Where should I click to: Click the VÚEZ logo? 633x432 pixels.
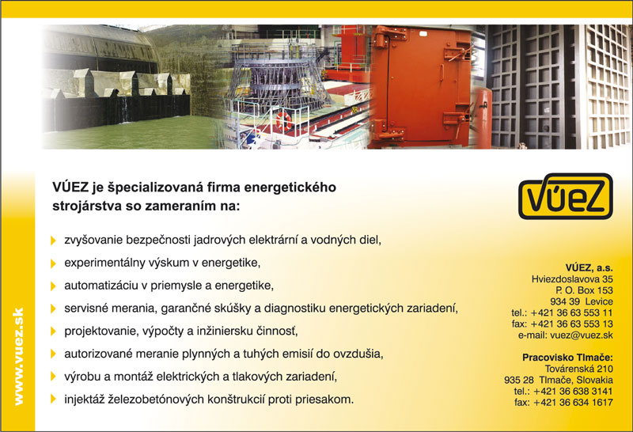(x=565, y=196)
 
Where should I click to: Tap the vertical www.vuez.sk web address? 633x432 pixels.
(x=18, y=356)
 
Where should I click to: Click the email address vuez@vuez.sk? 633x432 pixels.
(x=582, y=335)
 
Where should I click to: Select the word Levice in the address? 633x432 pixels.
(x=599, y=301)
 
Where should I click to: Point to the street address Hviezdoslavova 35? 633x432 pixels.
(x=572, y=279)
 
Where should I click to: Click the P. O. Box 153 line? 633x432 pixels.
(x=584, y=290)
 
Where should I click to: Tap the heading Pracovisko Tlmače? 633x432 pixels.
(x=567, y=358)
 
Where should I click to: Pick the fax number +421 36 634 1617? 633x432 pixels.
(x=573, y=403)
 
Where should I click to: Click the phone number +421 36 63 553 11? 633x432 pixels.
(x=571, y=313)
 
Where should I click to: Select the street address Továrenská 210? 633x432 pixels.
(x=579, y=369)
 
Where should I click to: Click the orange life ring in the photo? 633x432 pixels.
(x=284, y=120)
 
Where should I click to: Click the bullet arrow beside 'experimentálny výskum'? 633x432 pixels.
(x=53, y=263)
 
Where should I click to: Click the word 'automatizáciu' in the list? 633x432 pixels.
(x=100, y=286)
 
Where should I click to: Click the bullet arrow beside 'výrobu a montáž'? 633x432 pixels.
(x=53, y=377)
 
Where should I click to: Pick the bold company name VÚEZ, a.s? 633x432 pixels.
(x=589, y=267)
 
